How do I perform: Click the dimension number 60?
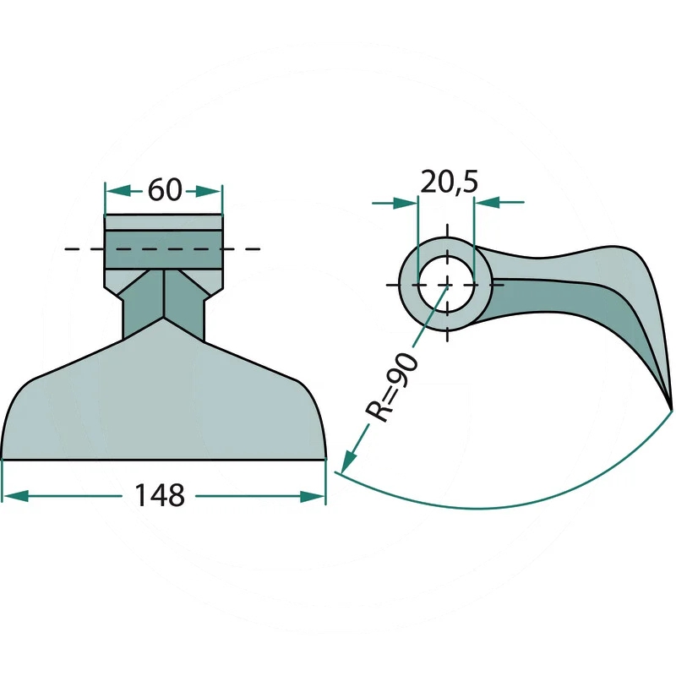tap(165, 190)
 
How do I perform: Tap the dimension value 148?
tap(160, 495)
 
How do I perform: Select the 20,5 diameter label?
tap(450, 182)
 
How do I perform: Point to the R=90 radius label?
tap(392, 387)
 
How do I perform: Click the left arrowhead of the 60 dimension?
tap(118, 191)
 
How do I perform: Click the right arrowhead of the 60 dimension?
tap(209, 191)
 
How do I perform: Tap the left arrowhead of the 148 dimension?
tap(15, 496)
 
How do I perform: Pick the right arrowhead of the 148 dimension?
tap(313, 496)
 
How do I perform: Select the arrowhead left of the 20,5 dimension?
tap(405, 202)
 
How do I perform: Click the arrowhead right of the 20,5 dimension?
tap(488, 202)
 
